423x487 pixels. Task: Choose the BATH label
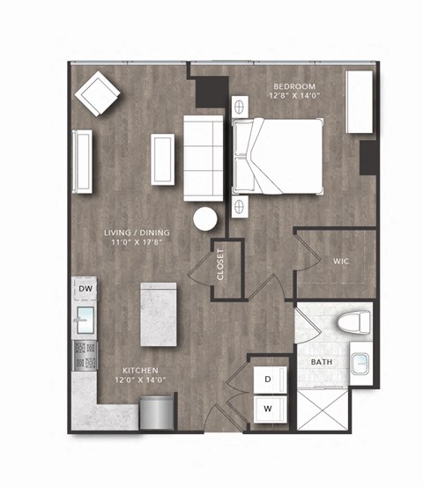point(321,362)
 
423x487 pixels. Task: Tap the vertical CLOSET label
point(220,265)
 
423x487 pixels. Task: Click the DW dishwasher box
point(85,289)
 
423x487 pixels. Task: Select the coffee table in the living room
point(162,159)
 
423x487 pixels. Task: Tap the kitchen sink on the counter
point(86,319)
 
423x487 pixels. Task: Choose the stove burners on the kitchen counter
point(86,354)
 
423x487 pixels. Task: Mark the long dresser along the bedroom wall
point(359,102)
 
